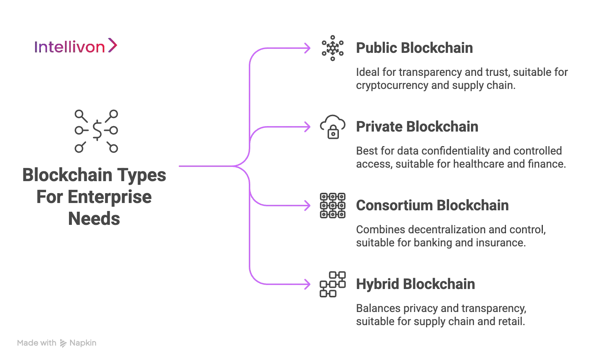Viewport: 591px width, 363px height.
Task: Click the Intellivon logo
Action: (x=77, y=46)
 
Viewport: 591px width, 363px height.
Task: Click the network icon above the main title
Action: (x=96, y=130)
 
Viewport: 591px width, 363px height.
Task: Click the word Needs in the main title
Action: (x=93, y=219)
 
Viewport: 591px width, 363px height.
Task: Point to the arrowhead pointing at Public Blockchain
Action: (x=308, y=48)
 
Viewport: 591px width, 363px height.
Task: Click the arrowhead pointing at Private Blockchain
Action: (x=308, y=127)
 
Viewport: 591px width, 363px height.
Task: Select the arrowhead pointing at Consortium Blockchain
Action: (x=308, y=206)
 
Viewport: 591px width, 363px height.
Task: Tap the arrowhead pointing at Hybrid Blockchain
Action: (x=308, y=284)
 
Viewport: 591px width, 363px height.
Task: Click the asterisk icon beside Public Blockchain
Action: (x=332, y=48)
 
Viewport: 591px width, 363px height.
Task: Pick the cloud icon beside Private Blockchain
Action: (x=332, y=127)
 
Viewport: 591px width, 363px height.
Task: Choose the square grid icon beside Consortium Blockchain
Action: (x=332, y=206)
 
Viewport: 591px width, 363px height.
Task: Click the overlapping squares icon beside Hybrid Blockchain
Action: (x=332, y=284)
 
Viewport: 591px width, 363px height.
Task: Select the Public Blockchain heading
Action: (x=414, y=49)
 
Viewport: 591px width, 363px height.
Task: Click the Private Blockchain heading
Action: (x=417, y=128)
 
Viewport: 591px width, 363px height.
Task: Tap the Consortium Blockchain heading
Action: (x=433, y=206)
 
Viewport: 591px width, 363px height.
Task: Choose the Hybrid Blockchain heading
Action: (x=416, y=285)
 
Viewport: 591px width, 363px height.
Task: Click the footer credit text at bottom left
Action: (x=57, y=343)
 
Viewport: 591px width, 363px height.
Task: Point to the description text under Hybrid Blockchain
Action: (x=441, y=316)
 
